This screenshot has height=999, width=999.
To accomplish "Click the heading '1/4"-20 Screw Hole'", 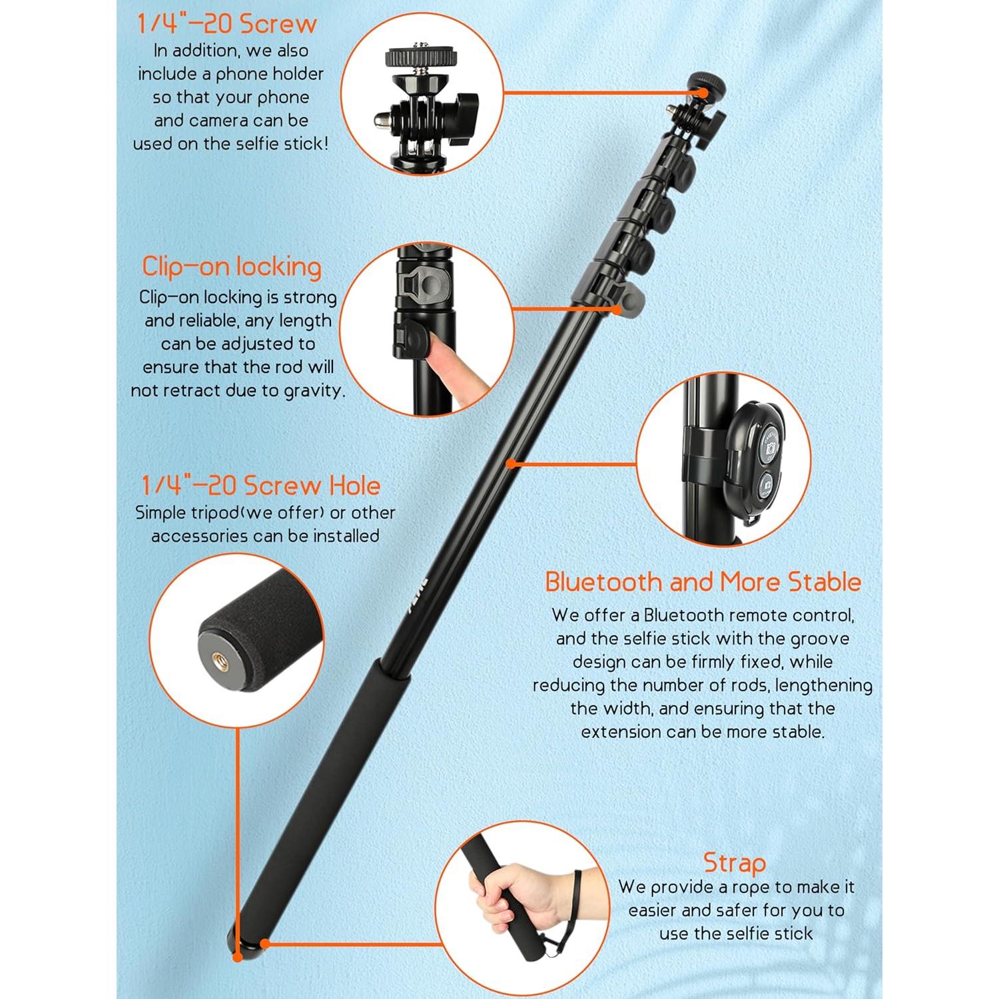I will (260, 485).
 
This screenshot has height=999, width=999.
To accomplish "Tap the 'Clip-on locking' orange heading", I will (231, 266).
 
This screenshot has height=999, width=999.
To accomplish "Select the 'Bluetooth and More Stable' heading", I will (703, 581).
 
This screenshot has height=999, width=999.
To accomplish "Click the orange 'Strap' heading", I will (735, 863).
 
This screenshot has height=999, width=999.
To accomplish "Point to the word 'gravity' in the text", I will (314, 390).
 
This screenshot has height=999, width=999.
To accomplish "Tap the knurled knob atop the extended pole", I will (707, 84).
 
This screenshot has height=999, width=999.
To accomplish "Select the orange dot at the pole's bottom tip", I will (238, 957).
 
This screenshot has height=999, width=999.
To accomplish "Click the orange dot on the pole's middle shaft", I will (509, 462).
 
